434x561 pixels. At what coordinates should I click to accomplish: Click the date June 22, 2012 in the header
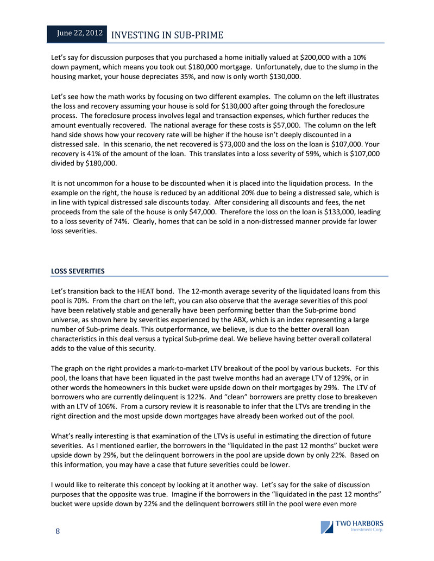(80, 34)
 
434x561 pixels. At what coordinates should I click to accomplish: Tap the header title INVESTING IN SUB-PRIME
(167, 35)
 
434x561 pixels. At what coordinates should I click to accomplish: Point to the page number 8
(57, 531)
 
